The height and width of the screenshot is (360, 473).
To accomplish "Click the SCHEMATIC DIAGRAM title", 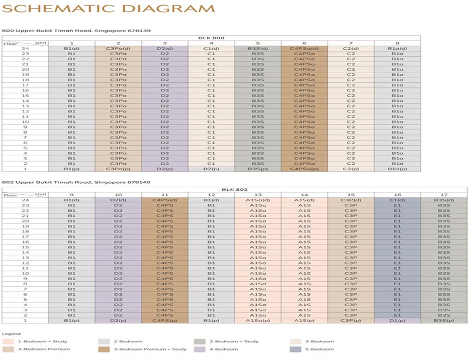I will point(108,9).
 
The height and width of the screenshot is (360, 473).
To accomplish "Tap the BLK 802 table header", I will point(234,189).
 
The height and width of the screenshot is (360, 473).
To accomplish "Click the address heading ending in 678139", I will point(76,31).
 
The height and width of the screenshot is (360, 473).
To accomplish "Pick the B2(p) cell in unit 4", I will point(211,169).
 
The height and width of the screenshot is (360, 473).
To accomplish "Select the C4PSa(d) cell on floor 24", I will point(304,49).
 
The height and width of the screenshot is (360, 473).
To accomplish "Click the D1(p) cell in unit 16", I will point(397,320).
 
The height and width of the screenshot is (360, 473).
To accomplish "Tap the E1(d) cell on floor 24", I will point(397,200).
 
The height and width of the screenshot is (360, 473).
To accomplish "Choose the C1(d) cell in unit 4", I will point(211,49).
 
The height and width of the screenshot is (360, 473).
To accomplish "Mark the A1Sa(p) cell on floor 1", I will point(258,320).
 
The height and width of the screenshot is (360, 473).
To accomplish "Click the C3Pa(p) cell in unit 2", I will point(118,169).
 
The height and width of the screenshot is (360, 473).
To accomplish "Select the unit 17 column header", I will point(444,194).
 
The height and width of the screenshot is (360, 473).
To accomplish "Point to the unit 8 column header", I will point(397,43).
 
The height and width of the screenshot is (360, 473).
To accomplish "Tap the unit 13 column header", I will point(258,194).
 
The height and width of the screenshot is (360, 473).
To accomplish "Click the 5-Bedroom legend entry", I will point(321,349).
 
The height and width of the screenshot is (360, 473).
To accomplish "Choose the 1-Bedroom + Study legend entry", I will point(42,341).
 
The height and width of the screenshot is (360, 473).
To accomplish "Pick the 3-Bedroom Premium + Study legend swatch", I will point(105,349).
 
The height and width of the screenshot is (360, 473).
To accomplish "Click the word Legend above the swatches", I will point(11,333).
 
